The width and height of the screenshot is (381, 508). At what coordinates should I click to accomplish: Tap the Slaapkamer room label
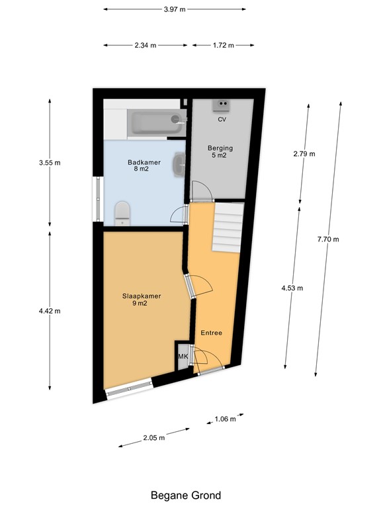[142, 300]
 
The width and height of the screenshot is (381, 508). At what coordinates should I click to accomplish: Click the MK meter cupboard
[183, 357]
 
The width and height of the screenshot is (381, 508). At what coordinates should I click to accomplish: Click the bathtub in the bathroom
[156, 123]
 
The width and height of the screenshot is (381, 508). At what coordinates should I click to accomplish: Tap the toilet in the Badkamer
[122, 213]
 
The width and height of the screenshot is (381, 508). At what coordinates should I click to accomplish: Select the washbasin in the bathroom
[179, 164]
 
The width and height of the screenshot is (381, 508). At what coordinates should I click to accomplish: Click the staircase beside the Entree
[228, 226]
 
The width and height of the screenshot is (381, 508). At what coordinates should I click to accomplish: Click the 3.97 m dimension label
[175, 9]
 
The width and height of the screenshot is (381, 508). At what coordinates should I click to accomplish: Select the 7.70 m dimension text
[327, 239]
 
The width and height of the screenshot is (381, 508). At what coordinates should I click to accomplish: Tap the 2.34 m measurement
[146, 46]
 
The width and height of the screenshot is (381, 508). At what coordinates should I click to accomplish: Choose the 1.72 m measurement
[223, 46]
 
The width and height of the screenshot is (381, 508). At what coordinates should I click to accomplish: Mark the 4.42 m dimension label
[50, 310]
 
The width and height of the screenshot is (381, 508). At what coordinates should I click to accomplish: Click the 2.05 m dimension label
[154, 437]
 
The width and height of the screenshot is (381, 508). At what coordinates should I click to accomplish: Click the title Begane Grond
[186, 495]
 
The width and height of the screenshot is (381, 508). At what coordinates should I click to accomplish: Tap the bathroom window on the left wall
[97, 198]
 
